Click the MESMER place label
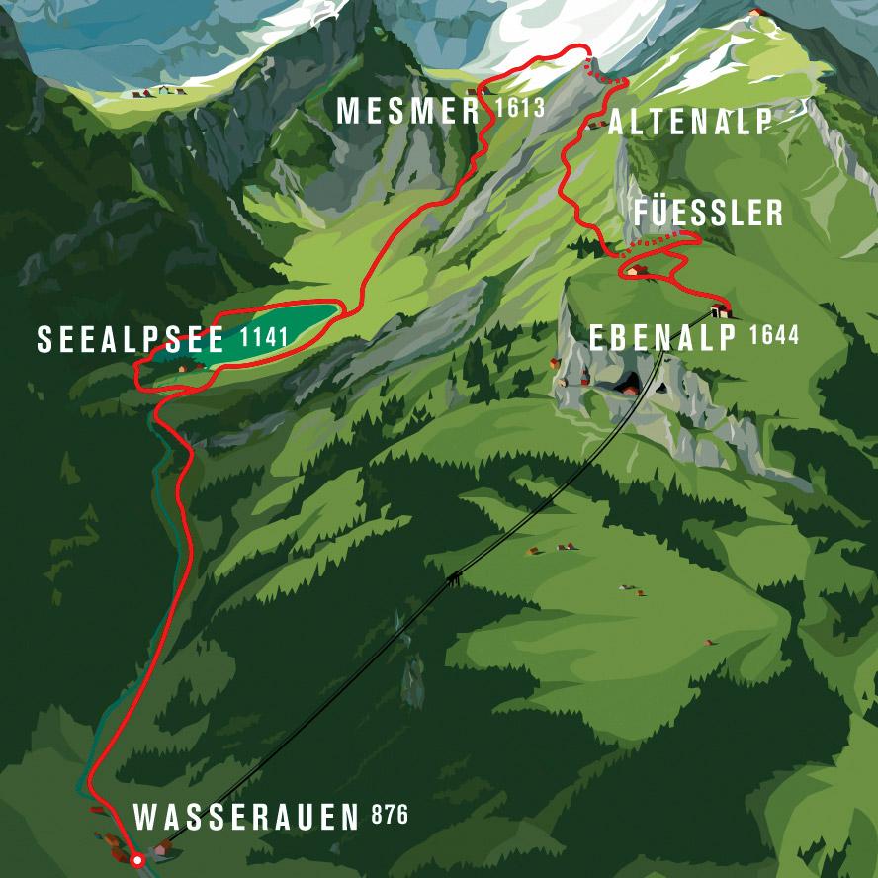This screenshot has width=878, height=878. point(408,111)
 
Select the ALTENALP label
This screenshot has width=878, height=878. point(689,123)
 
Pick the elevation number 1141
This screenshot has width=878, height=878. point(263,337)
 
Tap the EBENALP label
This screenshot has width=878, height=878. point(663,338)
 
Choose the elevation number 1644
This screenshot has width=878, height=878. point(774,335)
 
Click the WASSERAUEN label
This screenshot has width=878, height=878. point(246,818)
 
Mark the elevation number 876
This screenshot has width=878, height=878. point(390,816)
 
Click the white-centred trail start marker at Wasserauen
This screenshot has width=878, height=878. point(137,861)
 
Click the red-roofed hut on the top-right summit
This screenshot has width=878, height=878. point(756,12)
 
